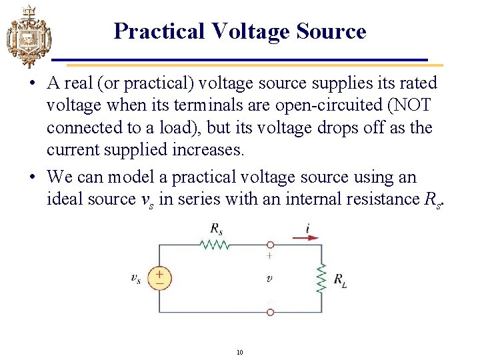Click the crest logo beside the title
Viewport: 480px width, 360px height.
tap(28, 36)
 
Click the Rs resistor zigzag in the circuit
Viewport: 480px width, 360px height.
tap(215, 245)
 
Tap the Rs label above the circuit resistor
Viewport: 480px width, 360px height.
tap(216, 228)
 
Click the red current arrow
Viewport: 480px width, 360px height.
tap(306, 237)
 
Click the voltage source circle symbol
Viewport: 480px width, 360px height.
tap(159, 279)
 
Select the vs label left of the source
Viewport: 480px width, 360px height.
tap(136, 279)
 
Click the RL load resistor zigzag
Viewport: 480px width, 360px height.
tap(321, 278)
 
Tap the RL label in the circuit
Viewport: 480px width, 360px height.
tap(339, 280)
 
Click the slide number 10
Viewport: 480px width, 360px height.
tap(239, 352)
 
